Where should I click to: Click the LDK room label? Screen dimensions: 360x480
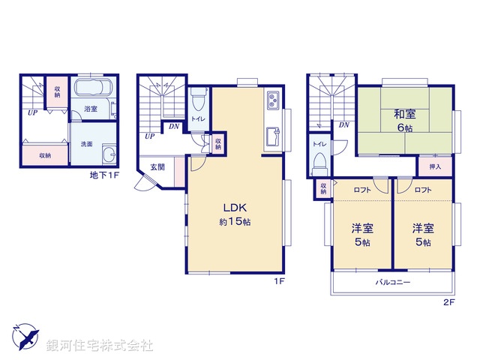(x=234, y=208)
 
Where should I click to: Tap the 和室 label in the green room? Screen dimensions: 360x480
(x=405, y=115)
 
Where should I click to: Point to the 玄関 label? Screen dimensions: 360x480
(x=157, y=166)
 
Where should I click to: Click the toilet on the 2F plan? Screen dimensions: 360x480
(x=319, y=160)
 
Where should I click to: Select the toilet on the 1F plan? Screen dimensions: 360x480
(x=197, y=100)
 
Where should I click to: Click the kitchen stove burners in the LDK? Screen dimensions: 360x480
(x=272, y=100)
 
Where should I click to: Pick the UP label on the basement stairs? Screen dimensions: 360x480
(x=32, y=112)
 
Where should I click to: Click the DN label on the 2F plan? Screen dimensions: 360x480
(x=344, y=124)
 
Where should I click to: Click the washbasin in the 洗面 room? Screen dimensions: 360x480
(x=109, y=156)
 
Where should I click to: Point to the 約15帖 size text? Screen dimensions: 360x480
(x=234, y=223)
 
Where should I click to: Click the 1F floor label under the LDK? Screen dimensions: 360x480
(x=277, y=282)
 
